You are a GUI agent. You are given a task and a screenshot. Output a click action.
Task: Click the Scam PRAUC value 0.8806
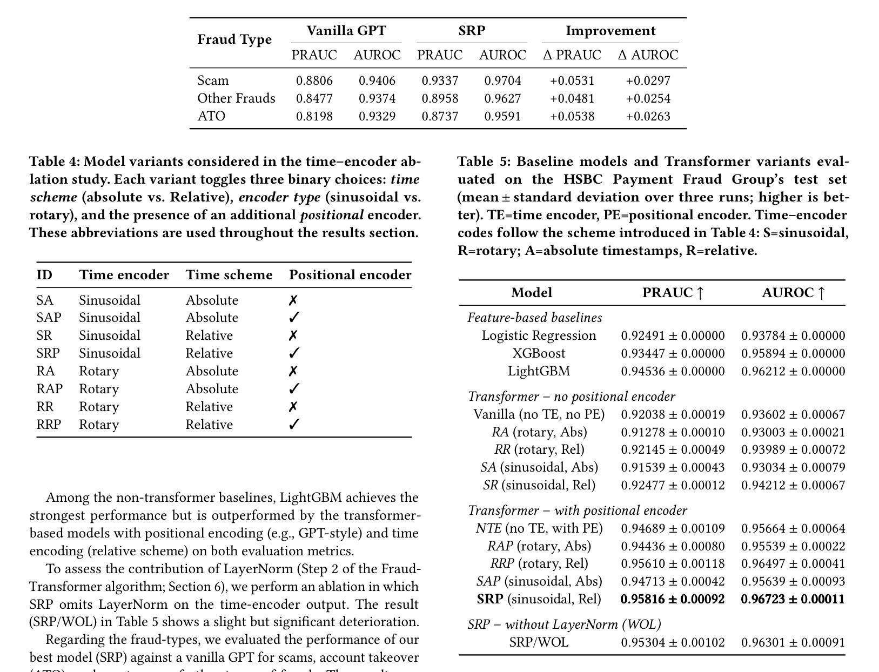point(314,81)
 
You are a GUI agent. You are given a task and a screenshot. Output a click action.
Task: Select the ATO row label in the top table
point(211,116)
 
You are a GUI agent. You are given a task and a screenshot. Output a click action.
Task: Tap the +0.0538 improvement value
point(572,116)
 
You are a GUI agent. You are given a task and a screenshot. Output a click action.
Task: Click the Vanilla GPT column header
point(346,31)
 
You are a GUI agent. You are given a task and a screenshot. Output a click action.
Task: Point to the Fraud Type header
point(234,39)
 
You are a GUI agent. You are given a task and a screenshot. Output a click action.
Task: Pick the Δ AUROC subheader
point(648,55)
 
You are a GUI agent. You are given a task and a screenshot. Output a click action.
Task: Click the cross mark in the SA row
point(293,300)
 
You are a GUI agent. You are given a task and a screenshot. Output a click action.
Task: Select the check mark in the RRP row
point(294,425)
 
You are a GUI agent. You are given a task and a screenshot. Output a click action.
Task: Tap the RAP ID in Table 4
point(49,389)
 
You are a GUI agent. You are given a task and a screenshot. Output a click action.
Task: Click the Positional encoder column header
point(350,275)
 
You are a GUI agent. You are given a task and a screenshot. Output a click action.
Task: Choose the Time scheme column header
point(229,275)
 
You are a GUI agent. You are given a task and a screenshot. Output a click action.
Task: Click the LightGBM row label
point(539,371)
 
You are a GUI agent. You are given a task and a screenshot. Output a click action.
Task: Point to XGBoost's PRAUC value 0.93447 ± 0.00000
point(673,353)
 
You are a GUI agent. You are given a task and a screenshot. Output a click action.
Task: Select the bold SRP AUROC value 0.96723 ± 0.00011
point(793,599)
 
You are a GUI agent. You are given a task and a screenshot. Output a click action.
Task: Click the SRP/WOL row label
point(539,642)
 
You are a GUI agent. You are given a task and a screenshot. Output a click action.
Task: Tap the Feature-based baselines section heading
point(534,318)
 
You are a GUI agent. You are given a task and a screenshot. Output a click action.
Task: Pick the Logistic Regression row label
point(539,335)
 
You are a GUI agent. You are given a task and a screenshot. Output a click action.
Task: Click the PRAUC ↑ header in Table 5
point(673,293)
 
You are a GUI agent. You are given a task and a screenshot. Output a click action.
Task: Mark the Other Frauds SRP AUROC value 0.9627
point(502,98)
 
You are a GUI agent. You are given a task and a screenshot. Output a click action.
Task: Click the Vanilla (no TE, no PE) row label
point(539,414)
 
